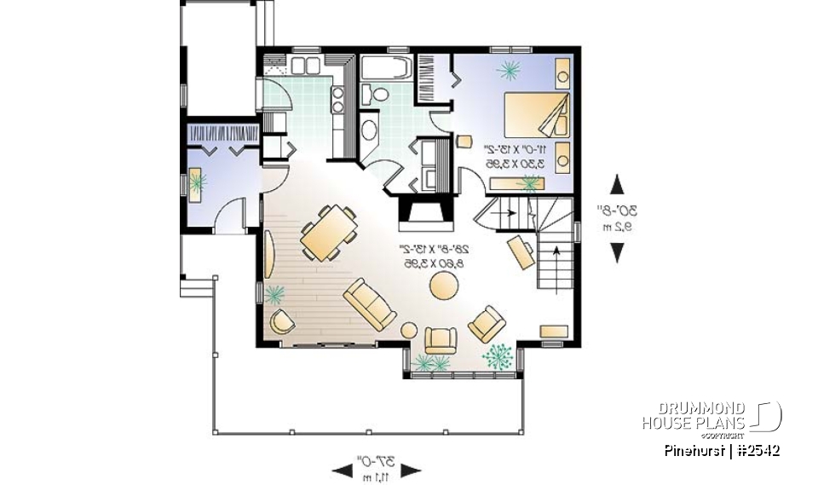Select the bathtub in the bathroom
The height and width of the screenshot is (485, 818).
[x=386, y=67]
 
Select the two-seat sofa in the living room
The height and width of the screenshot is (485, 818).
[x=369, y=306]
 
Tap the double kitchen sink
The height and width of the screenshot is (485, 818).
[x=304, y=66]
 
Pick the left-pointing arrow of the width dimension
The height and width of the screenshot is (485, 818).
[x=341, y=470]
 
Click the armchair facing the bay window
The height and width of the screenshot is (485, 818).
[x=441, y=340]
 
